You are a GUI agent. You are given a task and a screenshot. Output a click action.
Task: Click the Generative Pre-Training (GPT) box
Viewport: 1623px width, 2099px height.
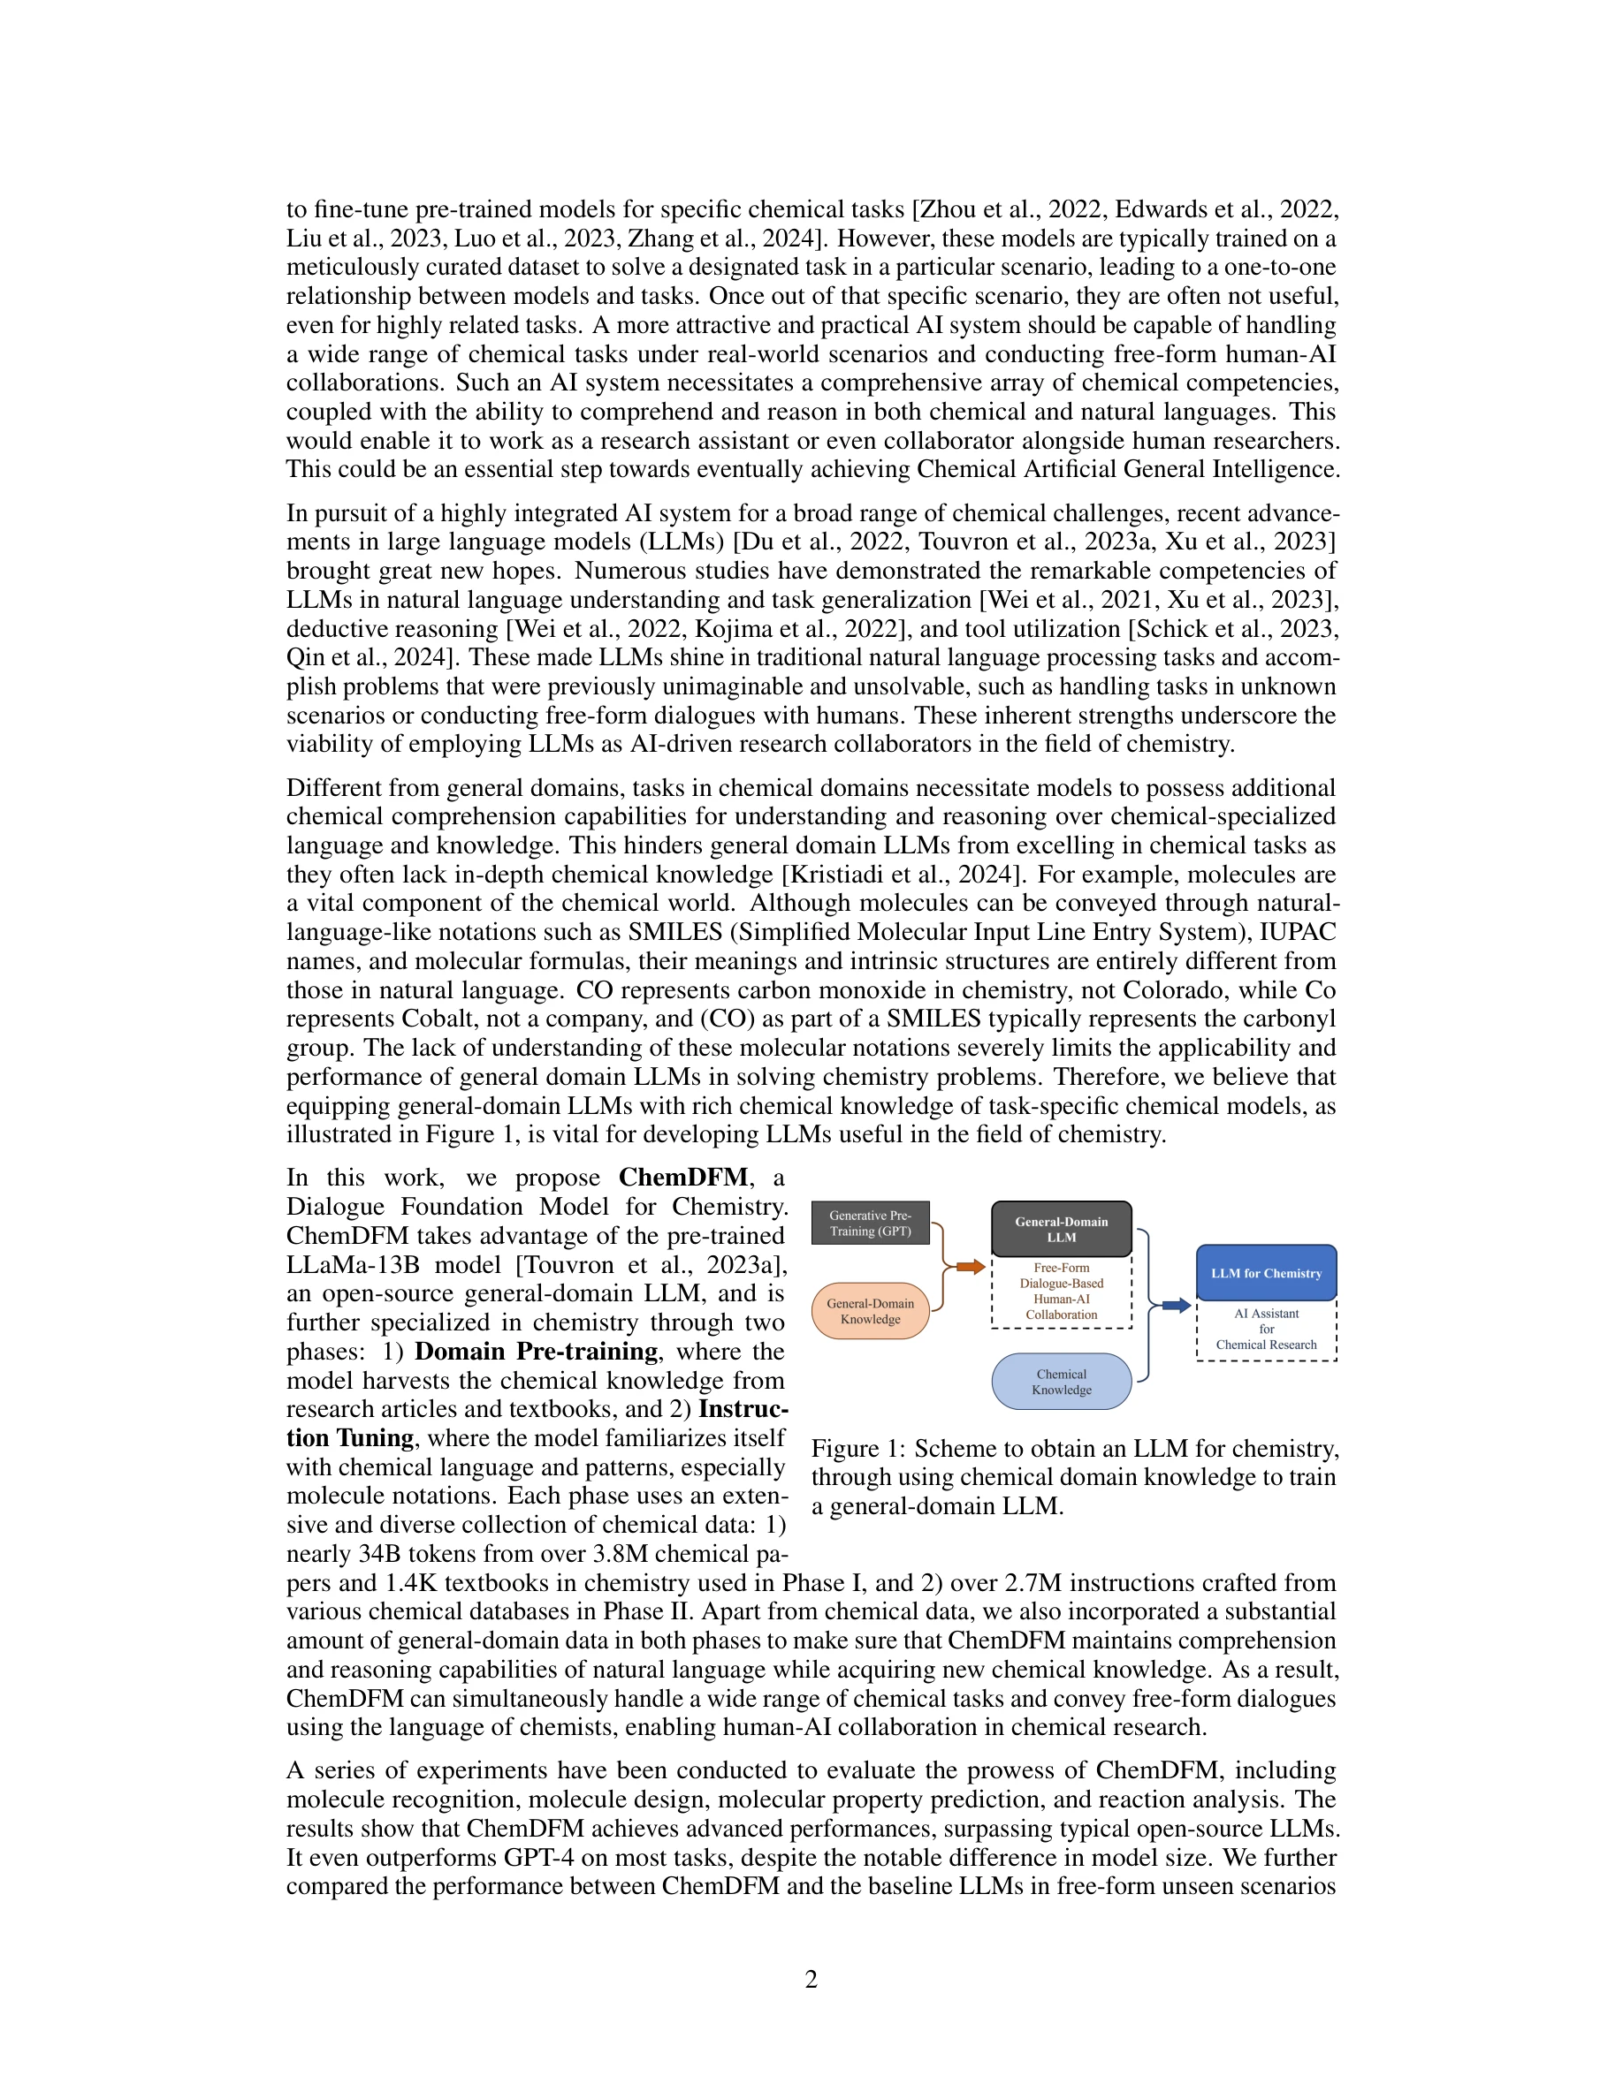coord(870,1223)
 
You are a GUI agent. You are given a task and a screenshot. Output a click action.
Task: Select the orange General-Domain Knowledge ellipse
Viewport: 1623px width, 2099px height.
coord(870,1311)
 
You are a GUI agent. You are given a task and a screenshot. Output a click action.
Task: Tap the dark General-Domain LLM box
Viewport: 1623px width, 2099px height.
coord(1061,1229)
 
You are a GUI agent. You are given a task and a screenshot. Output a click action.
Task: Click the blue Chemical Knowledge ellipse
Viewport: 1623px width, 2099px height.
coord(1061,1382)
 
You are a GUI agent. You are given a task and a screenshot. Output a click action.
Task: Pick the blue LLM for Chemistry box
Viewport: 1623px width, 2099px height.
coord(1265,1272)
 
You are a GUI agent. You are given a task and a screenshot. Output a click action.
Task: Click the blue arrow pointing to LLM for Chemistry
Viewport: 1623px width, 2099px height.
coord(1176,1305)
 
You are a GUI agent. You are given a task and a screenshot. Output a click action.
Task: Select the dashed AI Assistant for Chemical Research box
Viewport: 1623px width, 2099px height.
coord(1265,1330)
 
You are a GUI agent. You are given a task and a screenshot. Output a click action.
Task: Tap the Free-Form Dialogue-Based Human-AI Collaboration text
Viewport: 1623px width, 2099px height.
coord(1061,1291)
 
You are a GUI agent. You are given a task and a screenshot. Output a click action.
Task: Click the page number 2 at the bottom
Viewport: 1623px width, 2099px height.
coord(811,1979)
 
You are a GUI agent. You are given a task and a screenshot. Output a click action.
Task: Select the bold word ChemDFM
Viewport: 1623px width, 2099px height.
coord(682,1178)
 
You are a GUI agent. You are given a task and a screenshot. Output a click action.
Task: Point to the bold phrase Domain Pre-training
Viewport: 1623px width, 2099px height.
coord(536,1352)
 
